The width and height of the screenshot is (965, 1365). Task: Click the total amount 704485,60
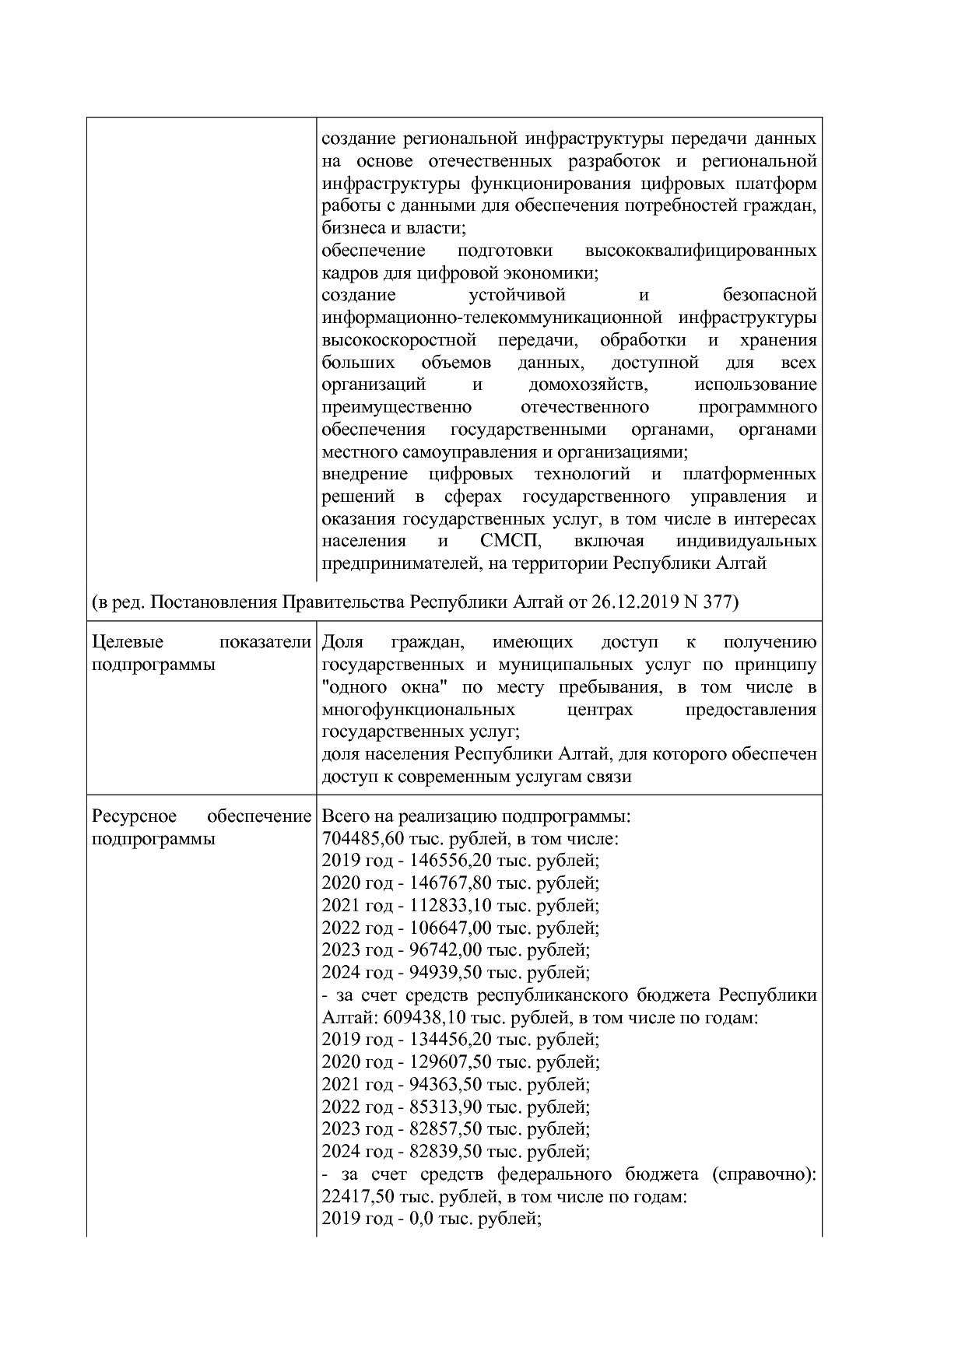pos(360,839)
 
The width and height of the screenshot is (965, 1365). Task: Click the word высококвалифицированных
pos(700,251)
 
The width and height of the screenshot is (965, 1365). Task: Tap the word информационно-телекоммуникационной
pos(491,318)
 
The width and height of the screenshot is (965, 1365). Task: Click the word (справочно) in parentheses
pos(763,1174)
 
